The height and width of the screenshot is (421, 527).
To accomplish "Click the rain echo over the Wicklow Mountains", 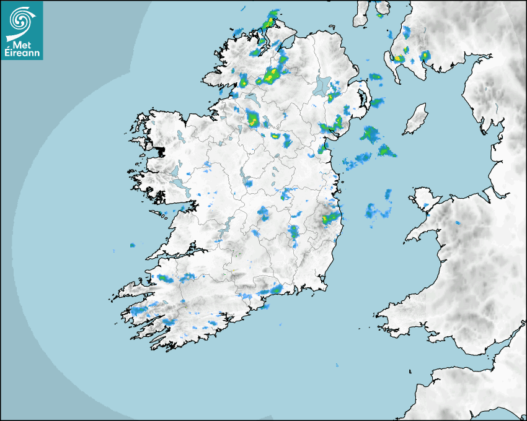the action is (329, 218).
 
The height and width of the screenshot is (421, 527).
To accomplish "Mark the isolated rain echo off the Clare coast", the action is (132, 245).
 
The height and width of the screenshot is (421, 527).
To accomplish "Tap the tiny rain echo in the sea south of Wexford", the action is (337, 366).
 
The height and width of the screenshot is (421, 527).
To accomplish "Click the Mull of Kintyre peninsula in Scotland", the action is (361, 15).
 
